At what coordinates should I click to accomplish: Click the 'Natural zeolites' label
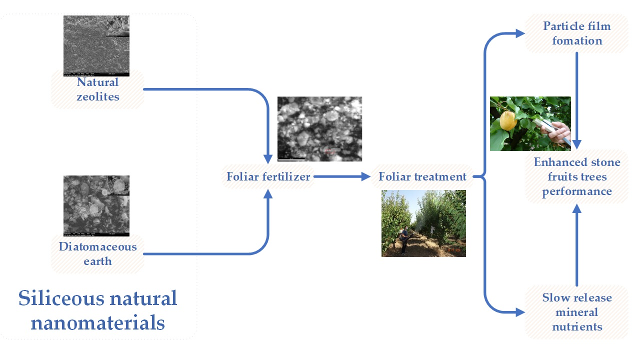click(97, 89)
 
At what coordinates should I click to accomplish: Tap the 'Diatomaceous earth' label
click(97, 254)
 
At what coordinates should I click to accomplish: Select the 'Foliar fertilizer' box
click(268, 176)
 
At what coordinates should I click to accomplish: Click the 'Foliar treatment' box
click(422, 176)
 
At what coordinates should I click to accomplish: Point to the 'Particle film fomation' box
click(577, 33)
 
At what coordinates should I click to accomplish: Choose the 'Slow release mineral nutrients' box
click(577, 312)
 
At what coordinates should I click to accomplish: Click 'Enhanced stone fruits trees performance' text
click(577, 176)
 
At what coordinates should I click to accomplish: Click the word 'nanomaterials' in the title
click(97, 323)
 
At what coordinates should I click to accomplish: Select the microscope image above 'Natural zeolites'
click(96, 45)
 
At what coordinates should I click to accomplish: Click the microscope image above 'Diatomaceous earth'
click(96, 205)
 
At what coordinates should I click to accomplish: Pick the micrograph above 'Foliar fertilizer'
click(319, 128)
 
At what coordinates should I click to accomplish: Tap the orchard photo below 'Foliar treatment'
click(423, 223)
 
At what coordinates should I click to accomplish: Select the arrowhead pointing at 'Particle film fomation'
click(520, 33)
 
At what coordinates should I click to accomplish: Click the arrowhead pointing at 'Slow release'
click(520, 312)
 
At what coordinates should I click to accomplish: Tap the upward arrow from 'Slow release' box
click(577, 245)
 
